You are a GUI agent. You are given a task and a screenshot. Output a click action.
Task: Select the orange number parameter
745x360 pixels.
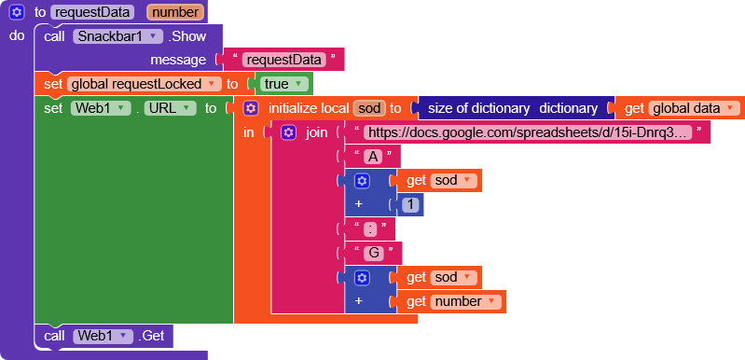173,13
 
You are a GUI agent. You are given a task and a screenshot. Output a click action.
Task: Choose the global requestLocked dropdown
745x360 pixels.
144,84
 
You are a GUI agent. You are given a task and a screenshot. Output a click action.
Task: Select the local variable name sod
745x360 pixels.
368,108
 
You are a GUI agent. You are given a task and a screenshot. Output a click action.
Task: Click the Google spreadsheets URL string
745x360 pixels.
528,132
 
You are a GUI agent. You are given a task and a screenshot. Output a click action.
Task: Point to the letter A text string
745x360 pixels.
373,157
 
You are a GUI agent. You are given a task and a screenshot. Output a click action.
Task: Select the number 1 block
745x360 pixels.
410,205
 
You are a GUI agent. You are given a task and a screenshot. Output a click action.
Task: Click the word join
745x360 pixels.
317,132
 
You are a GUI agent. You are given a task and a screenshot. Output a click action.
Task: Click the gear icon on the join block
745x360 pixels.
288,132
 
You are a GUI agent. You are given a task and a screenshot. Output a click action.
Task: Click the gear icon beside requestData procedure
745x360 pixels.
17,13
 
